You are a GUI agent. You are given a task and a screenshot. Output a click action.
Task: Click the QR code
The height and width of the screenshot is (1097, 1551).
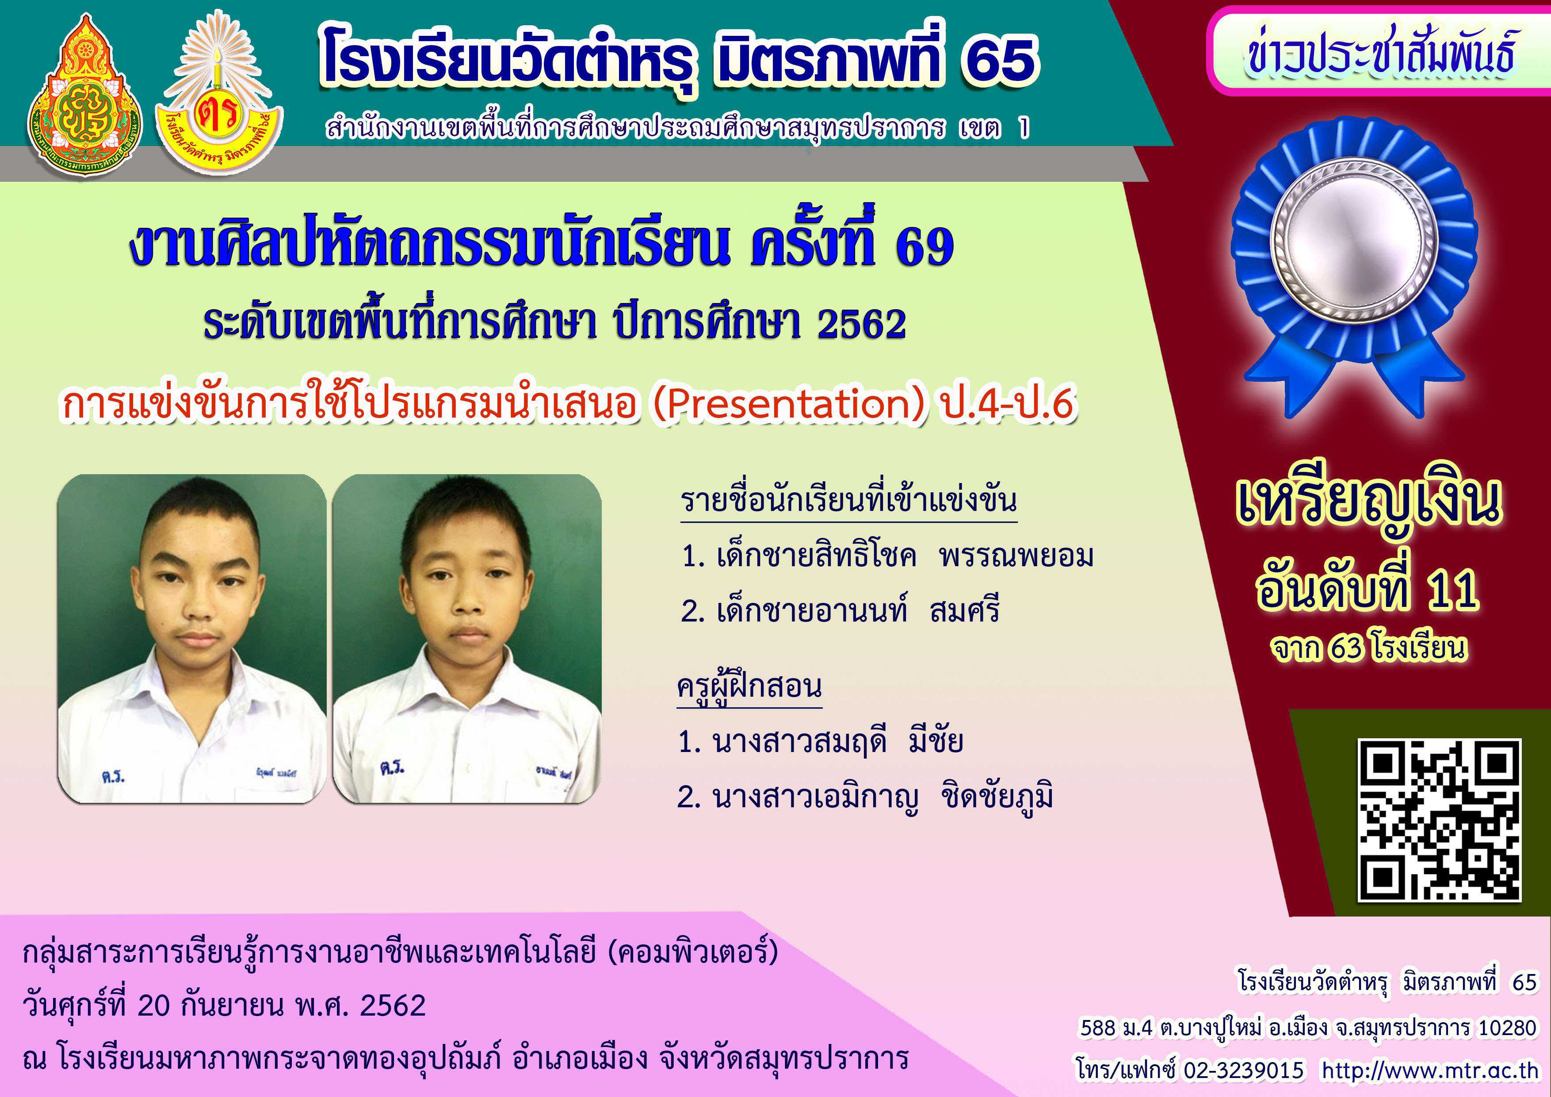(x=1439, y=821)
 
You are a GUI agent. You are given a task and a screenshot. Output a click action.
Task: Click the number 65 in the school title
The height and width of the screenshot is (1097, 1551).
(x=1001, y=59)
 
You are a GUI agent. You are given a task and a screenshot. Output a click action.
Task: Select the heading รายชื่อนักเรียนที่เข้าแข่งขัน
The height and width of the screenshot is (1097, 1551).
(x=848, y=501)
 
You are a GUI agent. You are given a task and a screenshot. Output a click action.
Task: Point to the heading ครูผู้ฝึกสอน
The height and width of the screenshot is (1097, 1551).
(x=749, y=686)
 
